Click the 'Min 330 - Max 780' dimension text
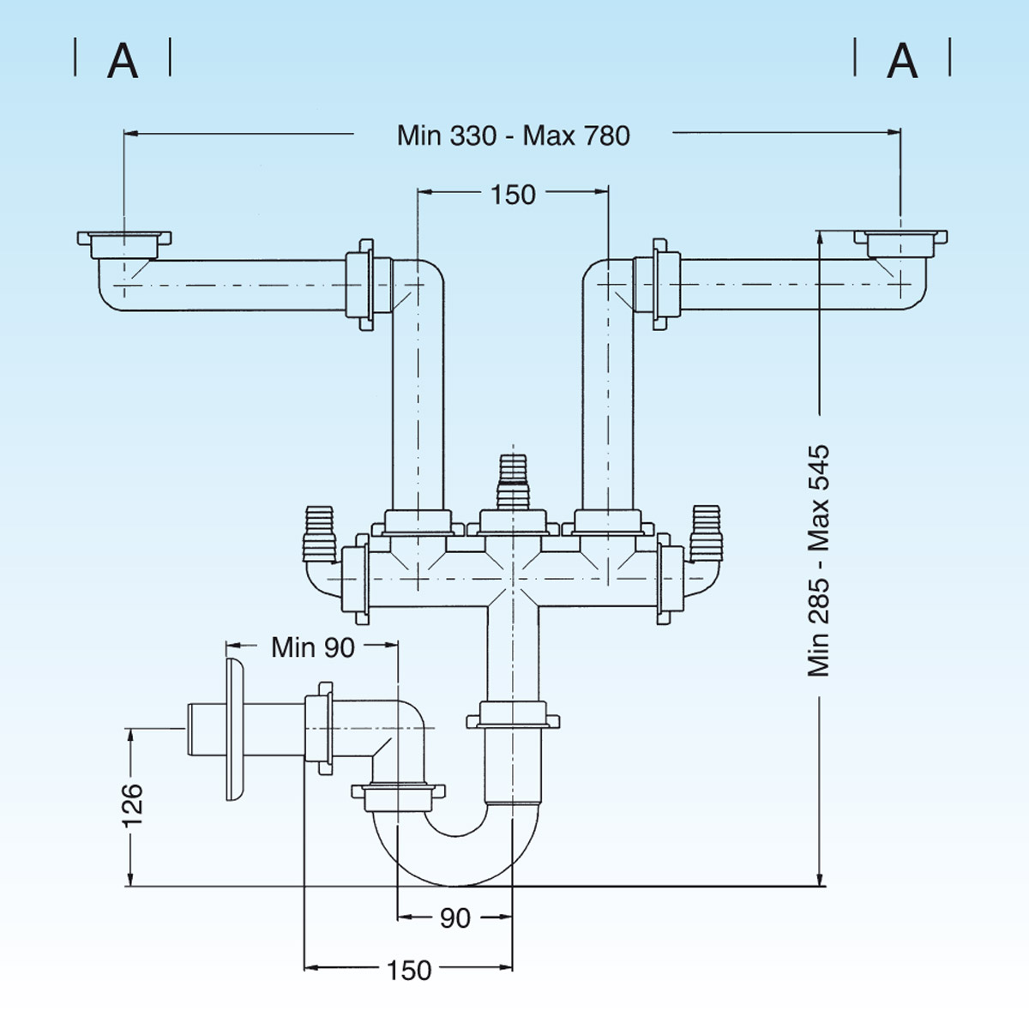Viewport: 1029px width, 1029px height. click(513, 135)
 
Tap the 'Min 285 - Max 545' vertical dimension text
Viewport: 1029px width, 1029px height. click(819, 560)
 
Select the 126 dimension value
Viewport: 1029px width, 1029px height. click(132, 804)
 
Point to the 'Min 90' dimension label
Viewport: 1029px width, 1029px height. click(312, 647)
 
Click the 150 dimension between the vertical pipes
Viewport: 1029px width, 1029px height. click(513, 195)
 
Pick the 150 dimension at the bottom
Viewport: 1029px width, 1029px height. click(409, 970)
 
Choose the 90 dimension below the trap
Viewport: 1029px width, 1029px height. click(454, 918)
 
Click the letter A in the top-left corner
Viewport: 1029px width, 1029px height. click(123, 61)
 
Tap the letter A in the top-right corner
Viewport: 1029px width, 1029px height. click(902, 61)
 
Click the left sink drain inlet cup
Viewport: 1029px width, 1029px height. click(124, 244)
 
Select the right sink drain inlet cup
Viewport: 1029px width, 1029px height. click(900, 243)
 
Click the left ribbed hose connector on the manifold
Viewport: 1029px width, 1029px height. click(319, 532)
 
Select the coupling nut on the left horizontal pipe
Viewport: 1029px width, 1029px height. click(360, 284)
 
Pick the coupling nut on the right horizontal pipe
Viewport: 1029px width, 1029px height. click(664, 284)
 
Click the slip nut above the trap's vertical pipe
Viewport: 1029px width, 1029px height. click(513, 715)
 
